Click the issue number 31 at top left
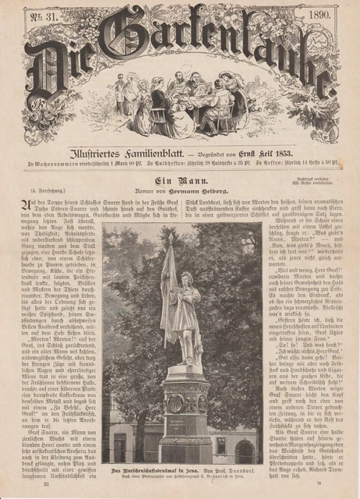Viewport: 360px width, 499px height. (38, 15)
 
